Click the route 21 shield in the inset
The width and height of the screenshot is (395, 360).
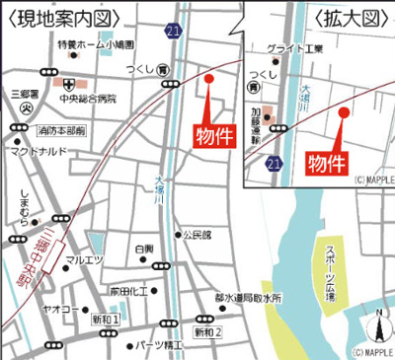tap(273, 162)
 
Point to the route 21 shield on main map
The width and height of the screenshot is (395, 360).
tap(174, 34)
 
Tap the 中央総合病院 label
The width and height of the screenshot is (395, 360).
tap(87, 98)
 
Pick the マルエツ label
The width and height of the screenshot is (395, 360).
tap(85, 259)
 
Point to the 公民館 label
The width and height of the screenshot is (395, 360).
tap(197, 235)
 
